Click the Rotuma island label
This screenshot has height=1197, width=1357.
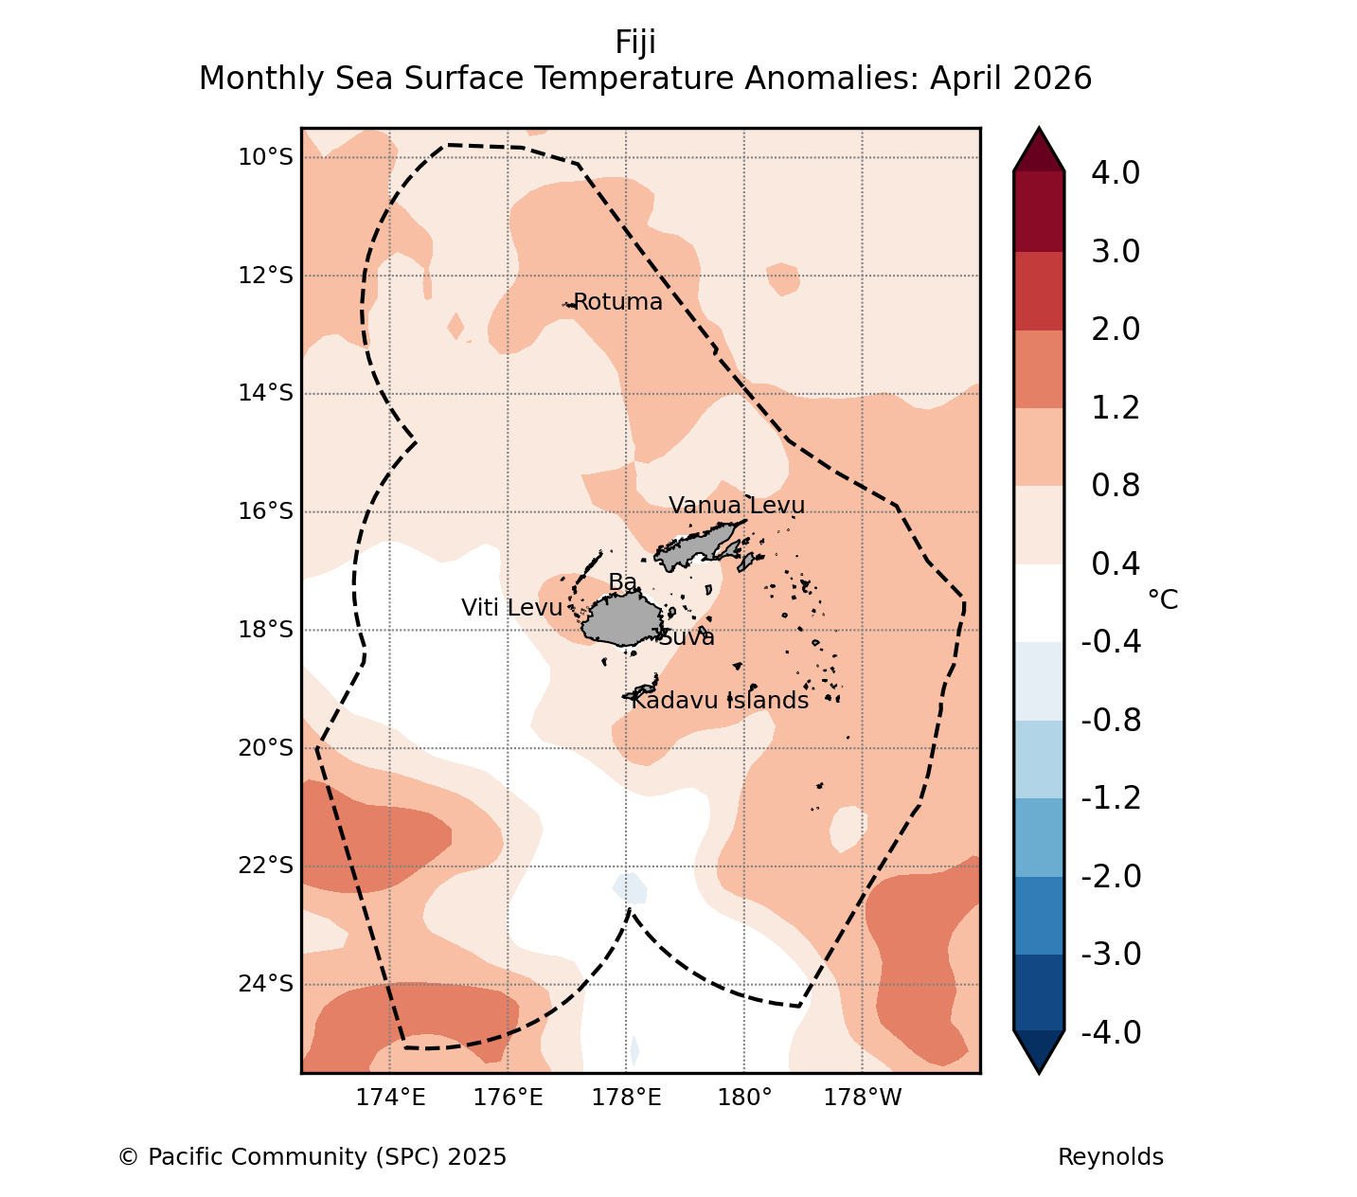(617, 302)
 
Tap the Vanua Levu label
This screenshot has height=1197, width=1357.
(737, 505)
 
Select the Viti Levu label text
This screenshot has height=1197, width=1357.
(511, 608)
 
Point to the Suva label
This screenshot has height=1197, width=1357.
(687, 637)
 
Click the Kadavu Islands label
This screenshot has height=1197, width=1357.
(720, 700)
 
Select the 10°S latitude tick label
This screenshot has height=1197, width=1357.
(266, 157)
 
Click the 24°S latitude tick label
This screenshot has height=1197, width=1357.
(266, 984)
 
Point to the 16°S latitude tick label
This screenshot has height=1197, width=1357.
(266, 511)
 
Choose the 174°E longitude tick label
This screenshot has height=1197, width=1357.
(390, 1098)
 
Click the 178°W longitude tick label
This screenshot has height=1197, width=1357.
(862, 1098)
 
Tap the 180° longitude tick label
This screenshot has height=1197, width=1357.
(745, 1098)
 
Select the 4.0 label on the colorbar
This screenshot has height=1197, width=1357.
(1116, 172)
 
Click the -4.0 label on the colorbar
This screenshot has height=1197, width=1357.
(1111, 1032)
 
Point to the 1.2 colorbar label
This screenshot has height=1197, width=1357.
(1116, 408)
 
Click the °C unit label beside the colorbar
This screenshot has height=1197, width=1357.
(1163, 599)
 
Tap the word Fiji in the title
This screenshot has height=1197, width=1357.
(635, 43)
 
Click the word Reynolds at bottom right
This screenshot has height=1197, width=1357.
(1111, 1157)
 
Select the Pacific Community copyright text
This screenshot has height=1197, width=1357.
(312, 1157)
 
